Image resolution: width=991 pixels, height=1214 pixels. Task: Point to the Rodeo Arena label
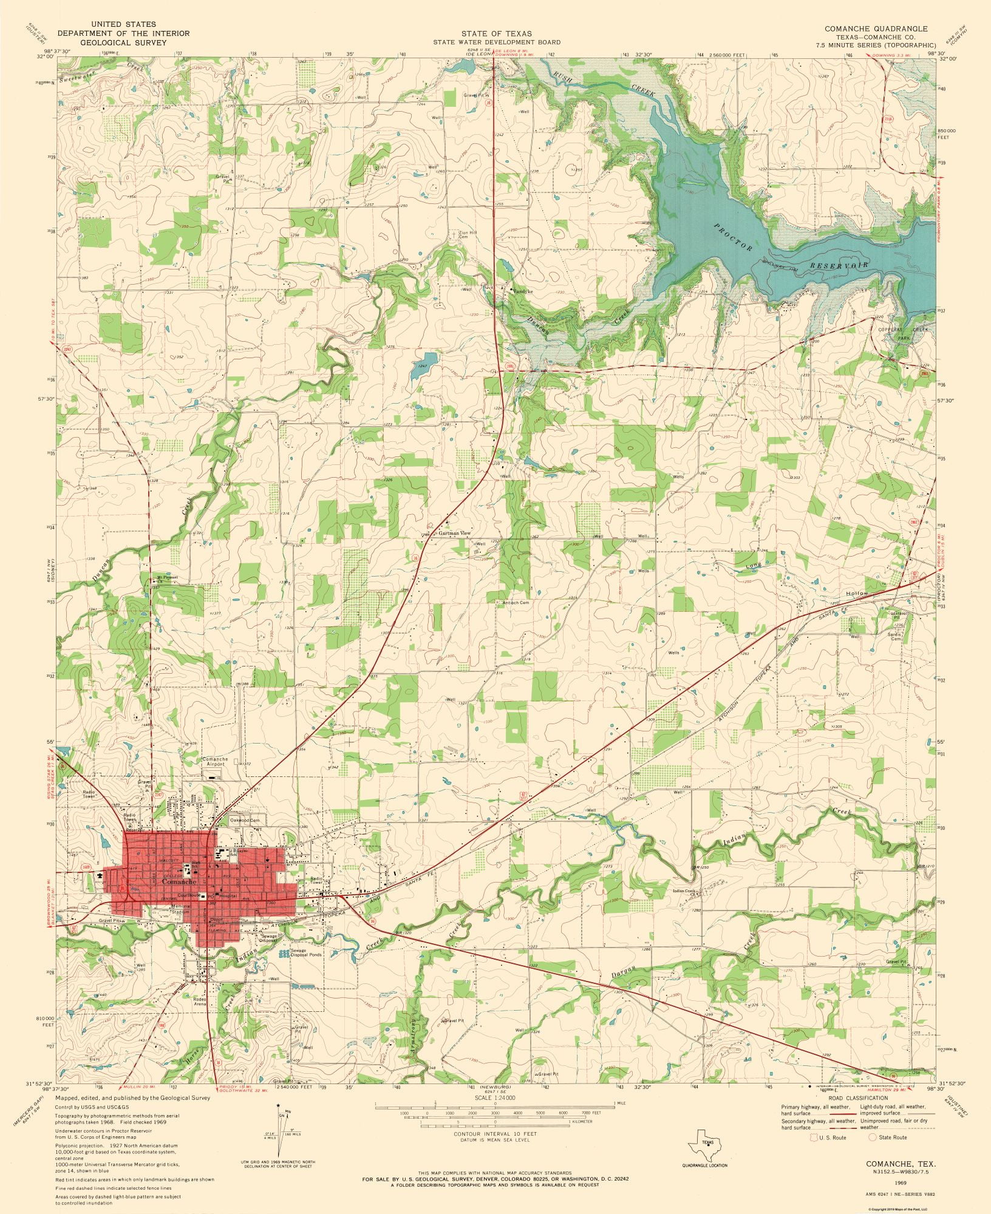(x=200, y=1002)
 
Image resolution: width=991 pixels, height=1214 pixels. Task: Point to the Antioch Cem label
(x=516, y=603)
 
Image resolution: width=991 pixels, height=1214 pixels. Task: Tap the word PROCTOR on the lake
(x=734, y=237)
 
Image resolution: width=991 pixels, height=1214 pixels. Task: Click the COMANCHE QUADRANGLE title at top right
(x=876, y=29)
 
